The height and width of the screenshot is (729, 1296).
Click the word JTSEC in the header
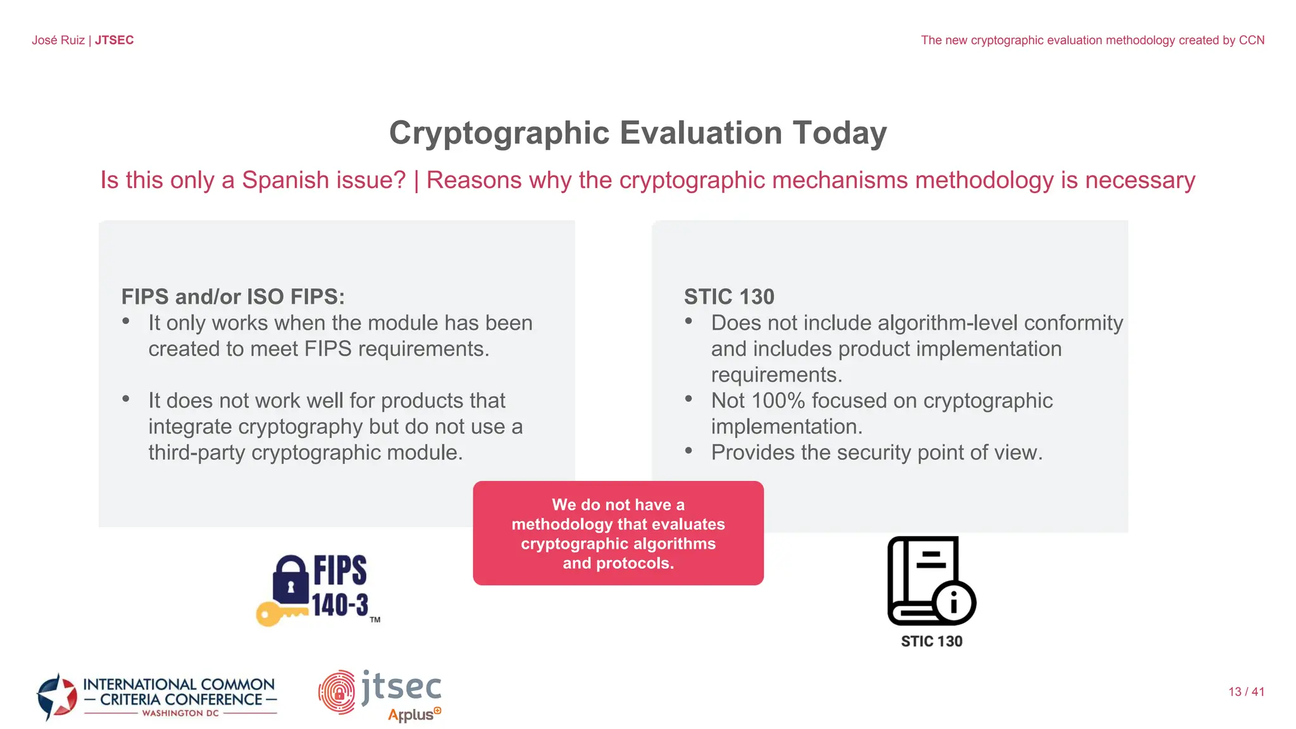tap(114, 40)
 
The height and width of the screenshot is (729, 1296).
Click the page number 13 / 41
tap(1246, 692)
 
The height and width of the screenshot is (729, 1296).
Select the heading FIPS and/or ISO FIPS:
tap(233, 296)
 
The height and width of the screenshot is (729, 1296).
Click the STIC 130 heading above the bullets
tap(729, 296)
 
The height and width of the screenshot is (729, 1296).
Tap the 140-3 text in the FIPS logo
tap(340, 604)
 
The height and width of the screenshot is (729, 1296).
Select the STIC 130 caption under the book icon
tap(931, 641)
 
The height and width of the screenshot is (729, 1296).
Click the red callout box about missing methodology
tap(618, 533)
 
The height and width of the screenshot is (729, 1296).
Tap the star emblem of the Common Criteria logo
tap(57, 696)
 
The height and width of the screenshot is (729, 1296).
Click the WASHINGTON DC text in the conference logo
tap(180, 713)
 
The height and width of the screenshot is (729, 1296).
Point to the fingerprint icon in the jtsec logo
tap(337, 692)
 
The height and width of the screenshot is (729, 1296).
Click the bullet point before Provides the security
tap(689, 451)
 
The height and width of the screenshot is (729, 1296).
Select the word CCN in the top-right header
tap(1251, 40)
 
